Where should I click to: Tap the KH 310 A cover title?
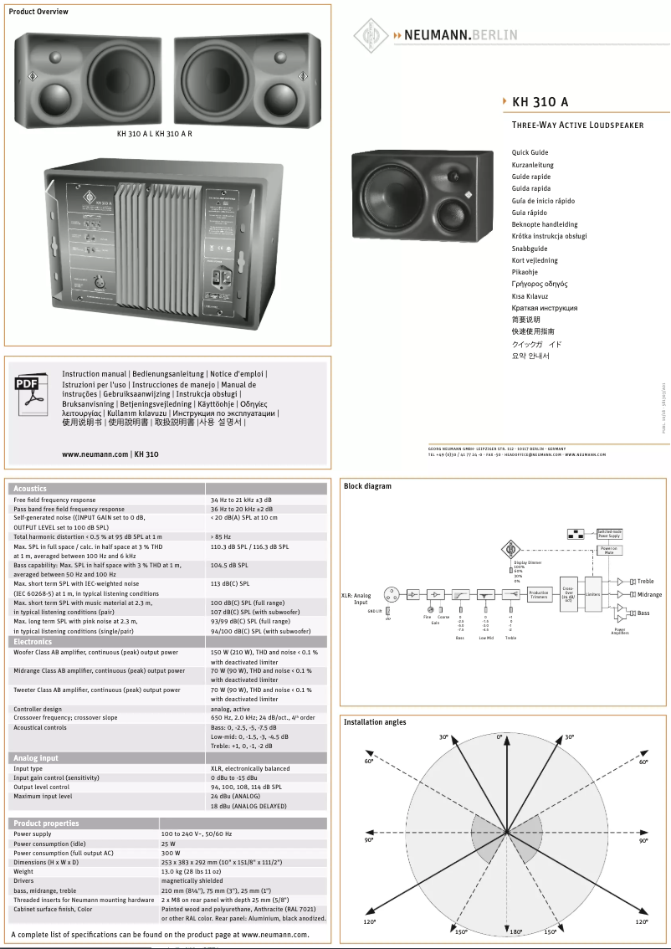[x=540, y=102]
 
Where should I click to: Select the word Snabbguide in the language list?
[x=530, y=249]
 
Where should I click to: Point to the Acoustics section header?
[x=31, y=488]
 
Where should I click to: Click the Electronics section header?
[x=33, y=642]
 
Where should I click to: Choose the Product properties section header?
[x=47, y=823]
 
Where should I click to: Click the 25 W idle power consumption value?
[x=169, y=844]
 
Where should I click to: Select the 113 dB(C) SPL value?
[x=230, y=584]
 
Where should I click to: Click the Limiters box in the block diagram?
[x=593, y=594]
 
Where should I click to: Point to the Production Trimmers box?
[x=539, y=594]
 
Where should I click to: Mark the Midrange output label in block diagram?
[x=649, y=594]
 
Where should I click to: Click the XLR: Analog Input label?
[x=356, y=598]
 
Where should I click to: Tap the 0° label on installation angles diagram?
[x=499, y=736]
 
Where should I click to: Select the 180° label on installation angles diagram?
[x=516, y=931]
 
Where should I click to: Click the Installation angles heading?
[x=376, y=722]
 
